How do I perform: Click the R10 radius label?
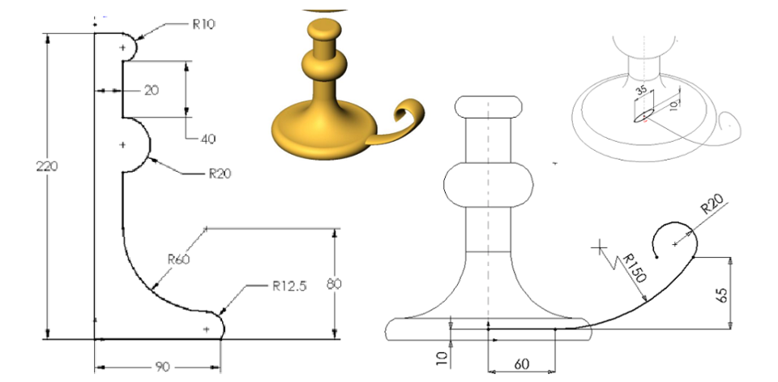coord(203,24)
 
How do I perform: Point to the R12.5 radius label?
coord(288,285)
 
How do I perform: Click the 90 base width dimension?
coord(162,367)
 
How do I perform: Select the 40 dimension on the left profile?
coord(207,139)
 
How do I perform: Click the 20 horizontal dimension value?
coord(152,91)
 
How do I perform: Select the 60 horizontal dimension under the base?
coord(520,365)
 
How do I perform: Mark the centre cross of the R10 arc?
coord(123,48)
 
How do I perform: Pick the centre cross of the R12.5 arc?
coord(207,328)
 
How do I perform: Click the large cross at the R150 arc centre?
coord(601,246)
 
